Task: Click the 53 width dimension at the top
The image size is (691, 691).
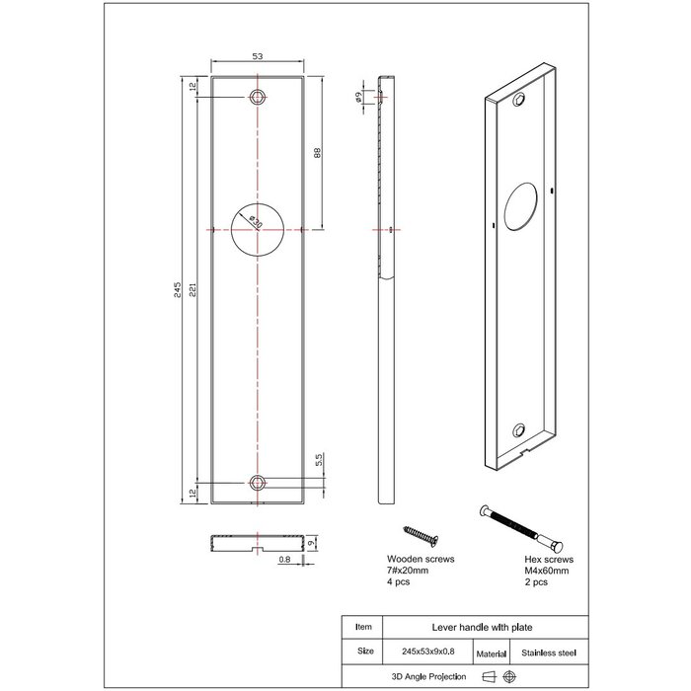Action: pyautogui.click(x=258, y=58)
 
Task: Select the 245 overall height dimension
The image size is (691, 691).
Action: pyautogui.click(x=177, y=288)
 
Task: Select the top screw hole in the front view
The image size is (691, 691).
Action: pyautogui.click(x=258, y=97)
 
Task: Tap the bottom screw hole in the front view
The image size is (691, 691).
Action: pyautogui.click(x=258, y=482)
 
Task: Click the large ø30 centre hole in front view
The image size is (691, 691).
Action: pyautogui.click(x=258, y=228)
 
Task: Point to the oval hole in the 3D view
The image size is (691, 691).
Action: pyautogui.click(x=518, y=207)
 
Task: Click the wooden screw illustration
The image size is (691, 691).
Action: pyautogui.click(x=419, y=535)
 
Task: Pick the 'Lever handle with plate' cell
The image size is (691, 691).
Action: pyautogui.click(x=465, y=627)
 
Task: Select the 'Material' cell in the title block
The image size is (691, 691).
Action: pyautogui.click(x=490, y=653)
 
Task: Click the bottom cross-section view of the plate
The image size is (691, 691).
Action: pyautogui.click(x=258, y=543)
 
